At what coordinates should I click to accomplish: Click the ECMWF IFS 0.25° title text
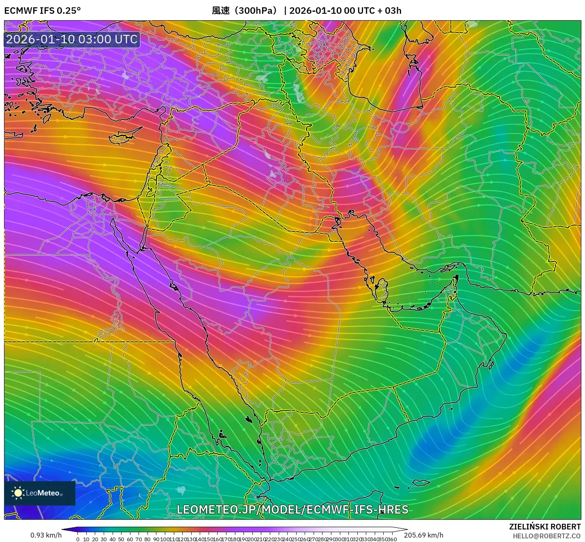tap(42, 11)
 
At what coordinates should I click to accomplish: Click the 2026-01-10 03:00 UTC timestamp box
tap(72, 39)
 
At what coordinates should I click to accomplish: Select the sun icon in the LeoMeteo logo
tap(18, 493)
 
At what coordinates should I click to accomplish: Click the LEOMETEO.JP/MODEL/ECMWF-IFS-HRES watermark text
tap(292, 509)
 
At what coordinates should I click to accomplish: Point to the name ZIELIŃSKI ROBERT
tap(545, 527)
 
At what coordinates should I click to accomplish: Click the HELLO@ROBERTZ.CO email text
tap(547, 536)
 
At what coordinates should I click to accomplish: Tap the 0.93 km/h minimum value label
tap(46, 535)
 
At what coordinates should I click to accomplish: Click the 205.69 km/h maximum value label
tap(423, 535)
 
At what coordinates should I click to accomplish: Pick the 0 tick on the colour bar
tap(78, 539)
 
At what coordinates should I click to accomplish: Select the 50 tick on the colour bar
tap(121, 539)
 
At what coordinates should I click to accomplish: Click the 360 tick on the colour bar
tap(392, 539)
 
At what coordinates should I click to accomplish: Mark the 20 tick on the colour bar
tap(95, 539)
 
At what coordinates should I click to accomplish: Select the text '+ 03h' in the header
tap(389, 11)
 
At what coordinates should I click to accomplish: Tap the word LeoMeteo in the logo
tap(43, 493)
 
